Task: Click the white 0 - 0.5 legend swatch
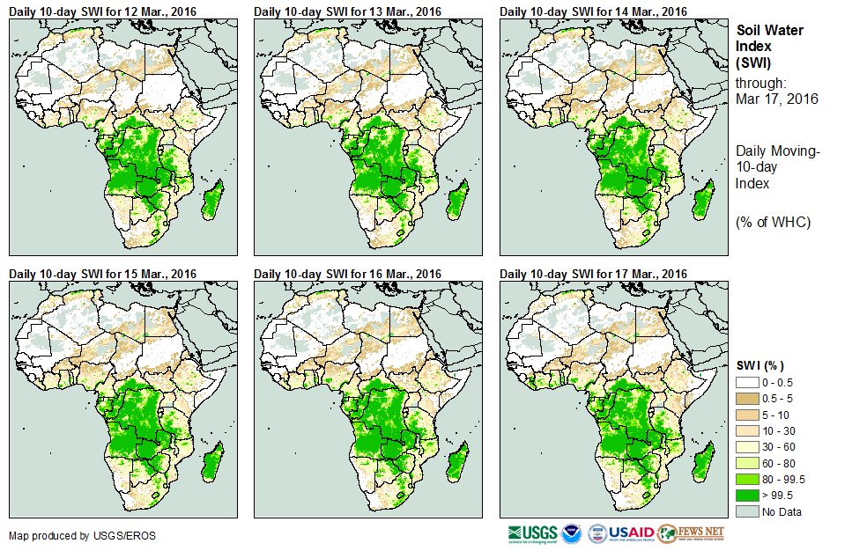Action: (x=747, y=382)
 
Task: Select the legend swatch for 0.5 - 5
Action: (x=747, y=398)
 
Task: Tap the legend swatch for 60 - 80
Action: (x=747, y=463)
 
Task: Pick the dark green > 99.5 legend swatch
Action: (x=747, y=496)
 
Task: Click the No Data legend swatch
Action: (x=747, y=511)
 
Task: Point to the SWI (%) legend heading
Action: (x=760, y=365)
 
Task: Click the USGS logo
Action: (x=532, y=533)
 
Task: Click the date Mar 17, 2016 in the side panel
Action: (x=776, y=99)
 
